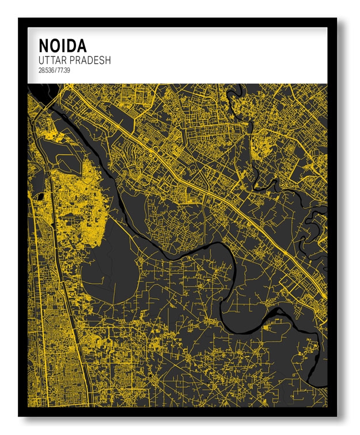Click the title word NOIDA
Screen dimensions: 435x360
click(62, 45)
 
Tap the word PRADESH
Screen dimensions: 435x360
click(90, 60)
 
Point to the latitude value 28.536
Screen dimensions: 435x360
click(46, 71)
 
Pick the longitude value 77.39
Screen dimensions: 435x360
click(64, 71)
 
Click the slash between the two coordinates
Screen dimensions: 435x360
click(56, 71)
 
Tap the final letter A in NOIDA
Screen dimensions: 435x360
click(81, 45)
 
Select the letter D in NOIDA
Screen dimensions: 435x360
click(71, 45)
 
